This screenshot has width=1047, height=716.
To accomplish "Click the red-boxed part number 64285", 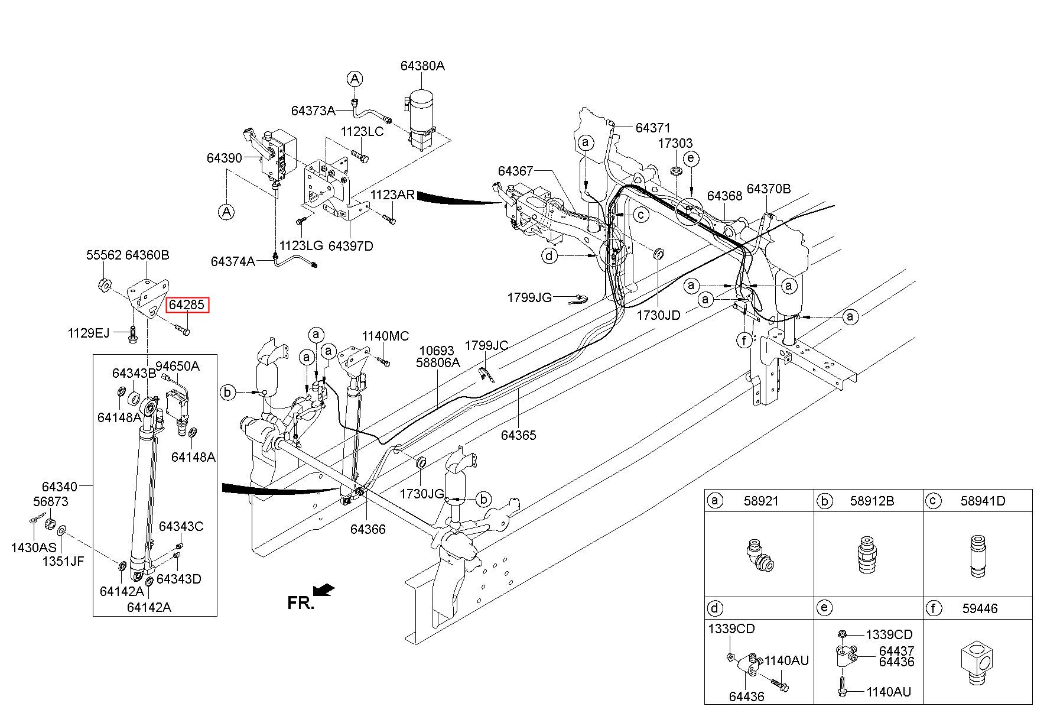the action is (x=187, y=305).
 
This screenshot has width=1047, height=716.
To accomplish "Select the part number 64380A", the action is (x=422, y=66).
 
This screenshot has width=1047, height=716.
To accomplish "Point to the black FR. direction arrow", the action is (x=324, y=589).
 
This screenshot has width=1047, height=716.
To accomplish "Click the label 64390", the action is (x=224, y=158).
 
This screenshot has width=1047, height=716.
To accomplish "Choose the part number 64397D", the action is (x=351, y=245).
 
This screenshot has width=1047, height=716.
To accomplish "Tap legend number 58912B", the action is (x=872, y=501).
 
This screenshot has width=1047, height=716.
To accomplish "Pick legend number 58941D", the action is (x=983, y=501).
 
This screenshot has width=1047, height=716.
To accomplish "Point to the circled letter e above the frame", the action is (x=690, y=158).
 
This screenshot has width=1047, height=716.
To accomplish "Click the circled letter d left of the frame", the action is (x=549, y=256).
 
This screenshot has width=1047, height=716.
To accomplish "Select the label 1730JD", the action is (x=658, y=315).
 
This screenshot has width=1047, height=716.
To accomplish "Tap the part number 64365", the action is (x=518, y=435).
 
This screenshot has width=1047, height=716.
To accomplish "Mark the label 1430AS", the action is (x=34, y=547).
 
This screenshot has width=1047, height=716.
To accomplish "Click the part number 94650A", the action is (x=177, y=366).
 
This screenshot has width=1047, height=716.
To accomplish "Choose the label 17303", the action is (x=676, y=143).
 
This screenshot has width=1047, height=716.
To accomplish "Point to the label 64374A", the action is (x=233, y=261).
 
